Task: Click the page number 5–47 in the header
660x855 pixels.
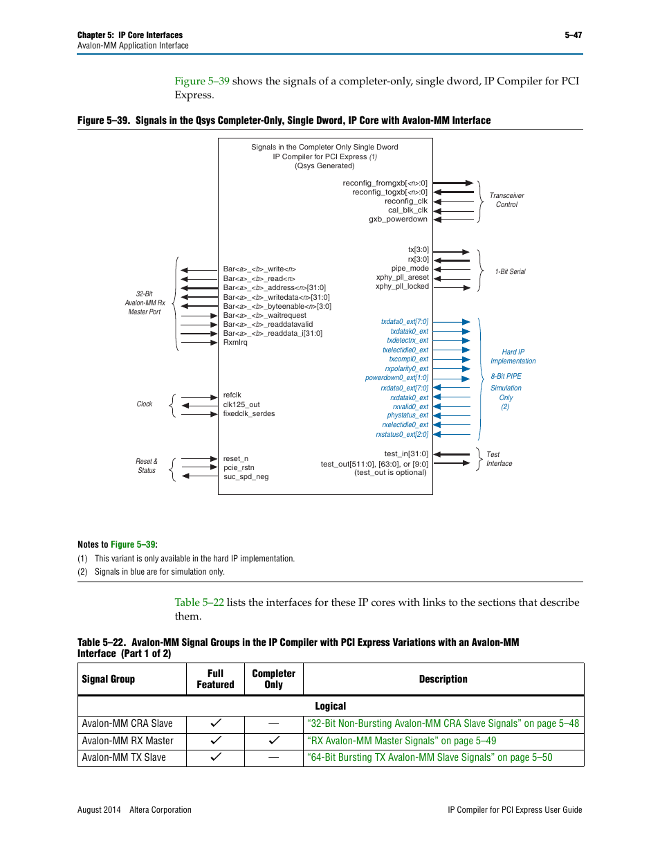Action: click(573, 35)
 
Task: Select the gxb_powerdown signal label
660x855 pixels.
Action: click(398, 219)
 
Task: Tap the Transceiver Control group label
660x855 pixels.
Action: click(506, 200)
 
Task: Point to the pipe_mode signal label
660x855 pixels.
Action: click(410, 269)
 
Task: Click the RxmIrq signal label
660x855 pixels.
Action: click(235, 343)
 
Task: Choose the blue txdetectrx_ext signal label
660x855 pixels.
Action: click(407, 341)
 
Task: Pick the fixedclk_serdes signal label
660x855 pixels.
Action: click(249, 414)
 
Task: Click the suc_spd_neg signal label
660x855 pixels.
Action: click(246, 477)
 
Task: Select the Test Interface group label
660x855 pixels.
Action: click(499, 459)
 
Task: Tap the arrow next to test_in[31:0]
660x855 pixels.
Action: click(452, 454)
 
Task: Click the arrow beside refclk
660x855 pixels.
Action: click(199, 397)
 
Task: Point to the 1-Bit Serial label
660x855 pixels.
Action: click(510, 272)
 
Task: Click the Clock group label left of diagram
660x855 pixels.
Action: click(144, 404)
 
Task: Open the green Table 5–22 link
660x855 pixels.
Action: click(199, 602)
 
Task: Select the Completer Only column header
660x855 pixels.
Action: click(273, 679)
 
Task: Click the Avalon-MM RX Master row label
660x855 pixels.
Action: click(127, 741)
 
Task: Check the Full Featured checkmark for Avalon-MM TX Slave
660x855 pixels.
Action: click(216, 757)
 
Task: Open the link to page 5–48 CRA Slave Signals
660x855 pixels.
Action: click(443, 723)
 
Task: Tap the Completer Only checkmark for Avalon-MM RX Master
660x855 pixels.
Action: click(274, 740)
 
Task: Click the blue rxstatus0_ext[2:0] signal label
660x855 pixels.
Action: click(402, 435)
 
